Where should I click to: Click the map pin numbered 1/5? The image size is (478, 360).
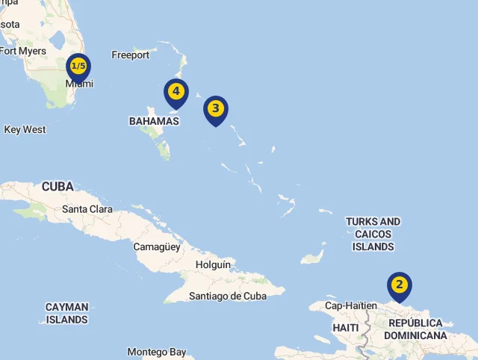click(78, 67)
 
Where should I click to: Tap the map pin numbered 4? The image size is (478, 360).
click(176, 92)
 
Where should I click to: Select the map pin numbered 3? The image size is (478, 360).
click(215, 109)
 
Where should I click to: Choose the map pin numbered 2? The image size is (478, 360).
click(400, 285)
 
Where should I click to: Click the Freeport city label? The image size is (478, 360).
click(131, 55)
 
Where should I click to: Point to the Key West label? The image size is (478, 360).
click(25, 129)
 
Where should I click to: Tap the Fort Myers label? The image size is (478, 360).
click(22, 51)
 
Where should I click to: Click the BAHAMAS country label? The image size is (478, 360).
click(154, 121)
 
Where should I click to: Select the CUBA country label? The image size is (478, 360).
click(58, 186)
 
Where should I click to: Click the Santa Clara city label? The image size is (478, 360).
click(87, 209)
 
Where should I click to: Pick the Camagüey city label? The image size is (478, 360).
click(157, 246)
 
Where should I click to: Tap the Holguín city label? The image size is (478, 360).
click(213, 264)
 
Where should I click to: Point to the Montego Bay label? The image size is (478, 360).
click(156, 352)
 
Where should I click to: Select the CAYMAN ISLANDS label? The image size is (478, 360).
click(66, 313)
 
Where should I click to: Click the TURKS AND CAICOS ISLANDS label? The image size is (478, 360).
click(373, 234)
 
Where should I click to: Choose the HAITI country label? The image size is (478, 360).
click(346, 328)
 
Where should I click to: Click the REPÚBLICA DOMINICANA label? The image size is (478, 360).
click(415, 329)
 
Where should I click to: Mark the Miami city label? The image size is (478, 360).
click(79, 84)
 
